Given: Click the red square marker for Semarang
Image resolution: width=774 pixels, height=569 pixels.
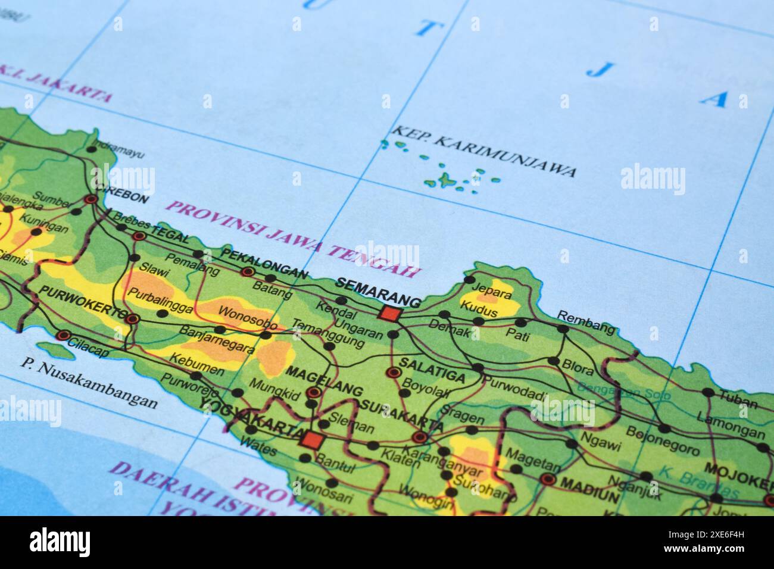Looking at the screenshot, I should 391,313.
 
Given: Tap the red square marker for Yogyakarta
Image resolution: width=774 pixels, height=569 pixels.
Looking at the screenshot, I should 310,441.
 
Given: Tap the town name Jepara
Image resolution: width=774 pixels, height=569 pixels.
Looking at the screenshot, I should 491,292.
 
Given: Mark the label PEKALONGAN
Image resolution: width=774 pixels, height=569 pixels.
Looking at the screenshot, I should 264,263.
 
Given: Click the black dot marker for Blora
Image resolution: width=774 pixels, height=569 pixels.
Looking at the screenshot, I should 554,361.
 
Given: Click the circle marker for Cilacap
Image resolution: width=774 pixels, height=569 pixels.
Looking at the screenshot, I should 64,335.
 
